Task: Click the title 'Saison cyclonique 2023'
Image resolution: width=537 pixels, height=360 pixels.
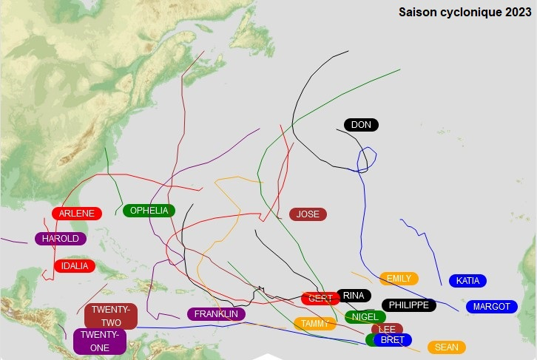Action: coord(465,12)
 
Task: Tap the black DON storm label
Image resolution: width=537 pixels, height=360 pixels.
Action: coord(361,125)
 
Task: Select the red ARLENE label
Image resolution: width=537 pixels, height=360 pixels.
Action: coord(77,214)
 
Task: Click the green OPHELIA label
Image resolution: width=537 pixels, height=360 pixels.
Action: coord(149,211)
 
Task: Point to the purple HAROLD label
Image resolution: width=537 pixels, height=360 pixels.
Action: coord(61,239)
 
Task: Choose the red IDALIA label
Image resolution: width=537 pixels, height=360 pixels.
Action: coord(75,266)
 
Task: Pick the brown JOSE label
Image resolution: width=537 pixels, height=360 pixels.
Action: coord(308,214)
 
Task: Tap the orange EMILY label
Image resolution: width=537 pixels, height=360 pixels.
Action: coord(399,279)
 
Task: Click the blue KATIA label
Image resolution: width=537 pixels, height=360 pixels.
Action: coord(467,281)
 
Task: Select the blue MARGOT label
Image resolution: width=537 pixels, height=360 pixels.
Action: coord(492,307)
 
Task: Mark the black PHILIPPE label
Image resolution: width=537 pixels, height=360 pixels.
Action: coord(408,305)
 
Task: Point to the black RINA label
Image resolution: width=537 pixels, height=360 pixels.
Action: coord(354,296)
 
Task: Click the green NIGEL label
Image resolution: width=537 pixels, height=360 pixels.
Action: coord(365,317)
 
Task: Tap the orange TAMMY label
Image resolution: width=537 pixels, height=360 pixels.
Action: coord(314,324)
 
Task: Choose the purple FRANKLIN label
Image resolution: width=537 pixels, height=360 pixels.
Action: coord(216,314)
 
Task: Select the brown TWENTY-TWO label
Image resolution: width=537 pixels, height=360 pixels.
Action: coord(111,316)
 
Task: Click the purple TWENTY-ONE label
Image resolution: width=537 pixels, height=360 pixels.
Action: coord(100,342)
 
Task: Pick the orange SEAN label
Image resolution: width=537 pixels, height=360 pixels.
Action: coord(447,347)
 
